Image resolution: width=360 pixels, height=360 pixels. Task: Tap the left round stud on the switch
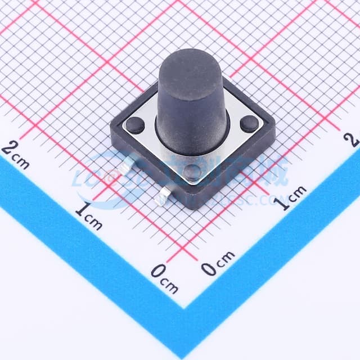click(135, 125)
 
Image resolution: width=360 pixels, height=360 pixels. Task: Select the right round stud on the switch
click(249, 123)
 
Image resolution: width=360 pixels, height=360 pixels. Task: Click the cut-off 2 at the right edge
click(354, 139)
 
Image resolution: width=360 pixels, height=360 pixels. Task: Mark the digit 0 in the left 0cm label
click(157, 272)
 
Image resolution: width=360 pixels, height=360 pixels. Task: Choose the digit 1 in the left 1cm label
click(82, 210)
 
